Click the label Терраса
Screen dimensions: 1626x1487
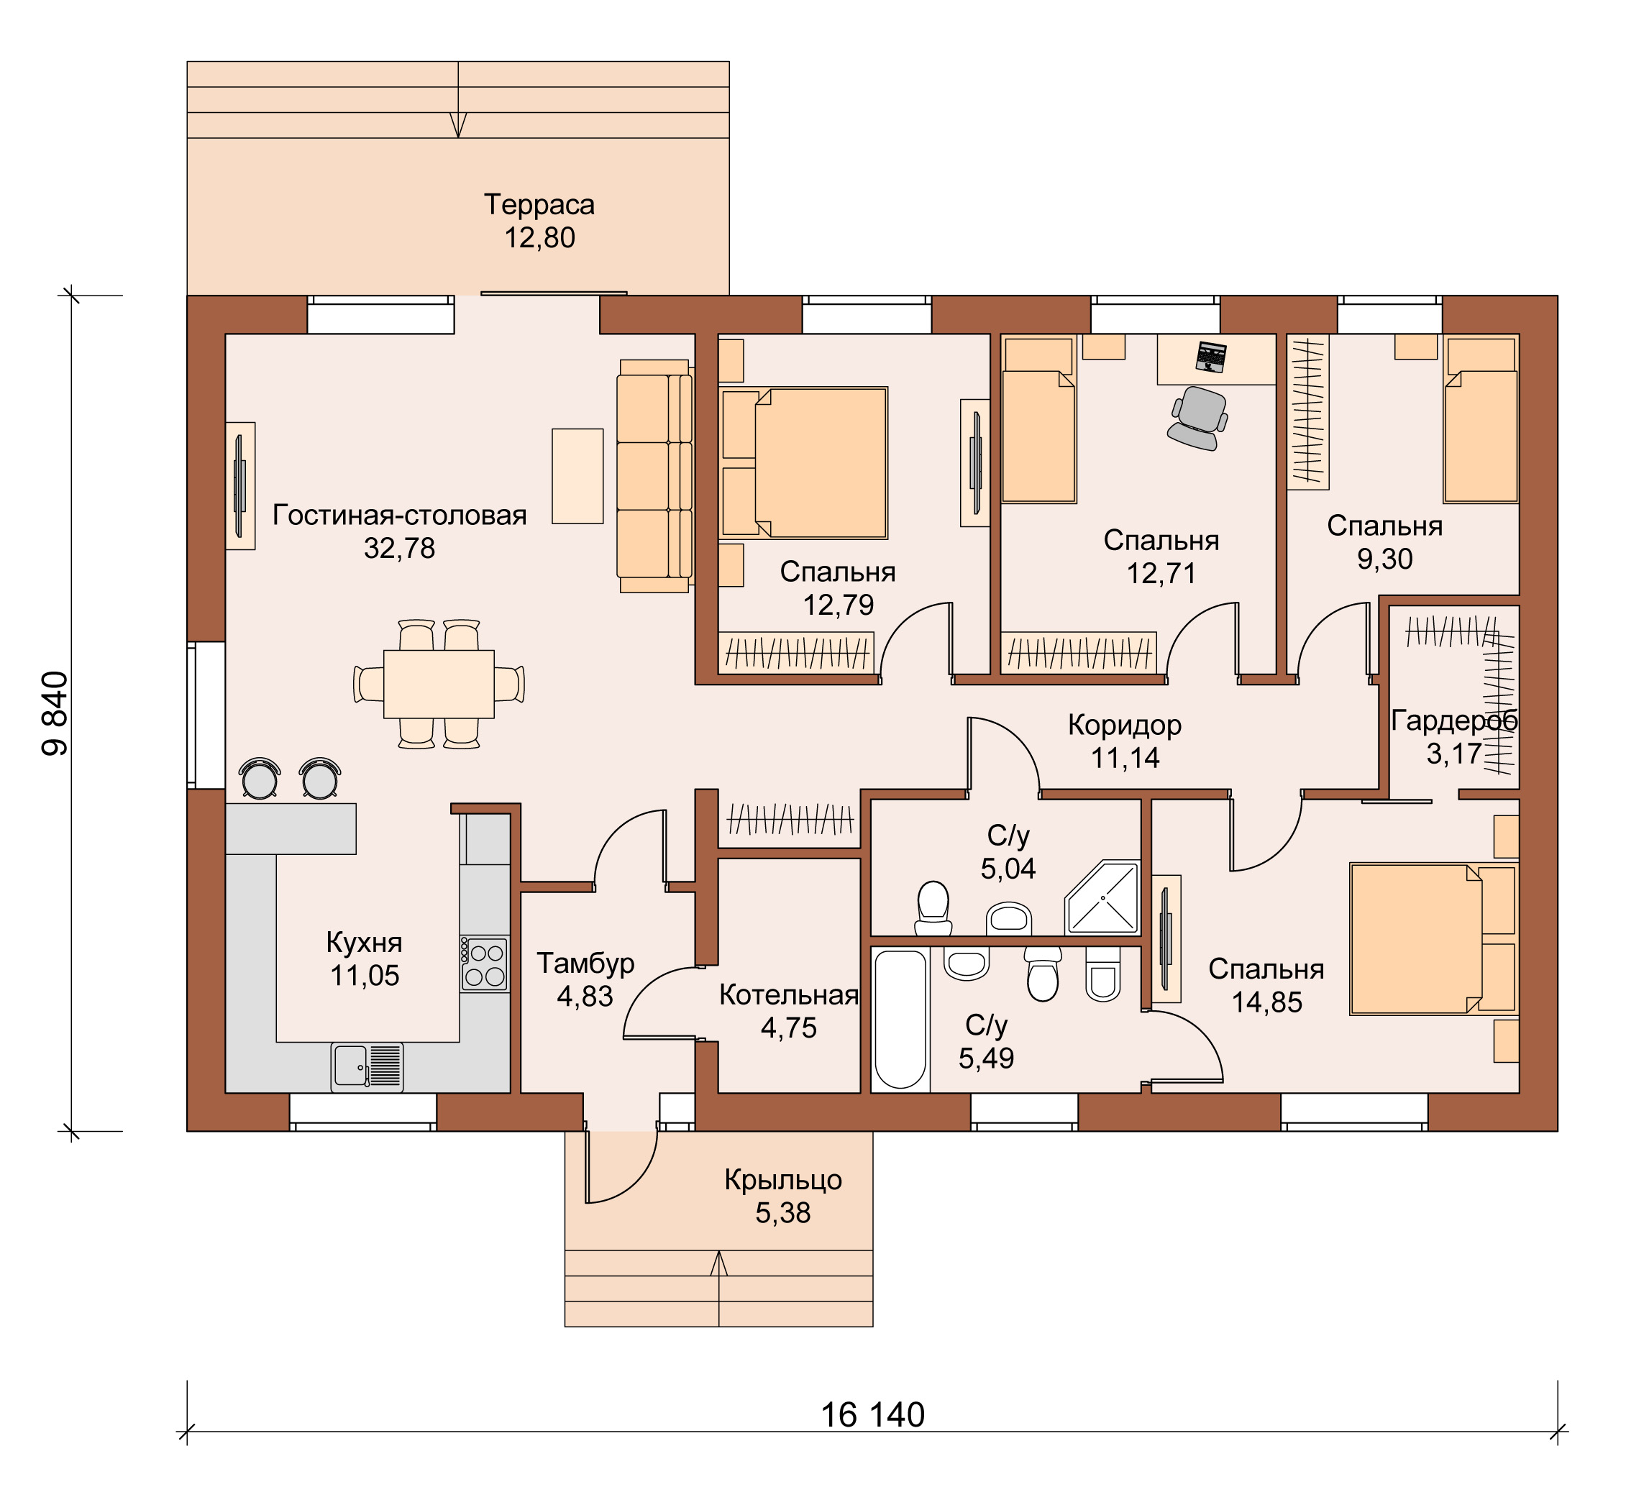click(x=539, y=205)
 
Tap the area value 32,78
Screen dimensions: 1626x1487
click(x=399, y=549)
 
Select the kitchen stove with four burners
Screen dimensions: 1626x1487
click(x=485, y=964)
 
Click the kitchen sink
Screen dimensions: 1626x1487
click(x=367, y=1067)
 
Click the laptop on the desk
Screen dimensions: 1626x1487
click(x=1210, y=357)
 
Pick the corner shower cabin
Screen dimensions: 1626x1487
click(x=1102, y=897)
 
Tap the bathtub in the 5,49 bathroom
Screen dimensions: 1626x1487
click(x=900, y=1020)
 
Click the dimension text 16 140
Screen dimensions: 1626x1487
click(x=872, y=1415)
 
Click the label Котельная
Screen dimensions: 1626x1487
click(x=789, y=995)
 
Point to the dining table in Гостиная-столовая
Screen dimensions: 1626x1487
click(x=439, y=684)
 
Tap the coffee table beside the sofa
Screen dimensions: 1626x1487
click(x=577, y=476)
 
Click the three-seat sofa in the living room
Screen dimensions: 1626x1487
click(x=654, y=476)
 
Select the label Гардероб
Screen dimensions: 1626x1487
click(x=1454, y=720)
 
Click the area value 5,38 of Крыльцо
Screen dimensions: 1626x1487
click(x=782, y=1213)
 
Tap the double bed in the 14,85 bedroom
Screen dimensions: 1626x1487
click(x=1433, y=938)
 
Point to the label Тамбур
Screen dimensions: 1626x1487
click(x=585, y=964)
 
